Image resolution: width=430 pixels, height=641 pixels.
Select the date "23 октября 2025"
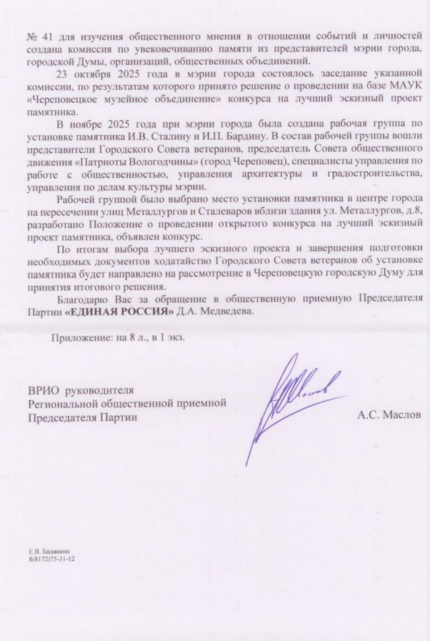[x=93, y=72]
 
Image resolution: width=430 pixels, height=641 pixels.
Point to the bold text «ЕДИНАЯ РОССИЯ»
[x=119, y=312]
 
